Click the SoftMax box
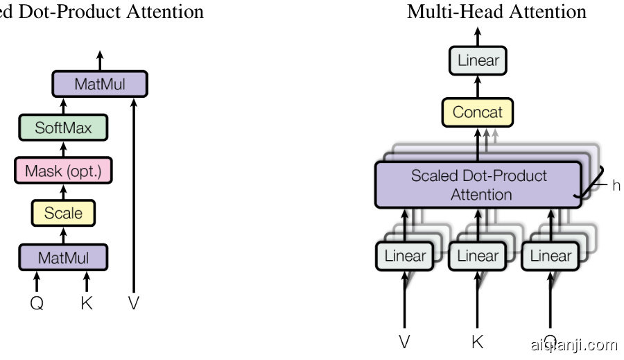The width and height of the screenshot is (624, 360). pos(63,128)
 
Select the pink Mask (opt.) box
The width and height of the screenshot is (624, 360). pos(63,171)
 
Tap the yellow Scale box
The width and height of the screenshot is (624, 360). pos(63,214)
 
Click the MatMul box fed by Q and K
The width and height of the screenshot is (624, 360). pos(63,258)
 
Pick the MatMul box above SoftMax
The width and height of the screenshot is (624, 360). pos(101,85)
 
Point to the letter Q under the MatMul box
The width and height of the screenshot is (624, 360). pos(37,303)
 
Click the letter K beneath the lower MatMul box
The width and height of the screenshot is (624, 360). pos(87,303)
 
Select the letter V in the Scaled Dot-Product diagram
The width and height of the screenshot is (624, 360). pos(133,303)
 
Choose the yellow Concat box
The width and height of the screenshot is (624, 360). pos(477,112)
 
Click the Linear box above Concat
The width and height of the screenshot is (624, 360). pos(478,60)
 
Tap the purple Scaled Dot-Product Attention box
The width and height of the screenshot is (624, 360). pos(478,185)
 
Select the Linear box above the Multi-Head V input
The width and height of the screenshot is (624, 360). pos(405,256)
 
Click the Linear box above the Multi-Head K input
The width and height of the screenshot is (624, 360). pos(478,256)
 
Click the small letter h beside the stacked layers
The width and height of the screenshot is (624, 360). pos(616,186)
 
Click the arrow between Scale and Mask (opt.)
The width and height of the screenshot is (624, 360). pos(63,192)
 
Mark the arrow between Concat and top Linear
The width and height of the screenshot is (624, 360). pos(478,87)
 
